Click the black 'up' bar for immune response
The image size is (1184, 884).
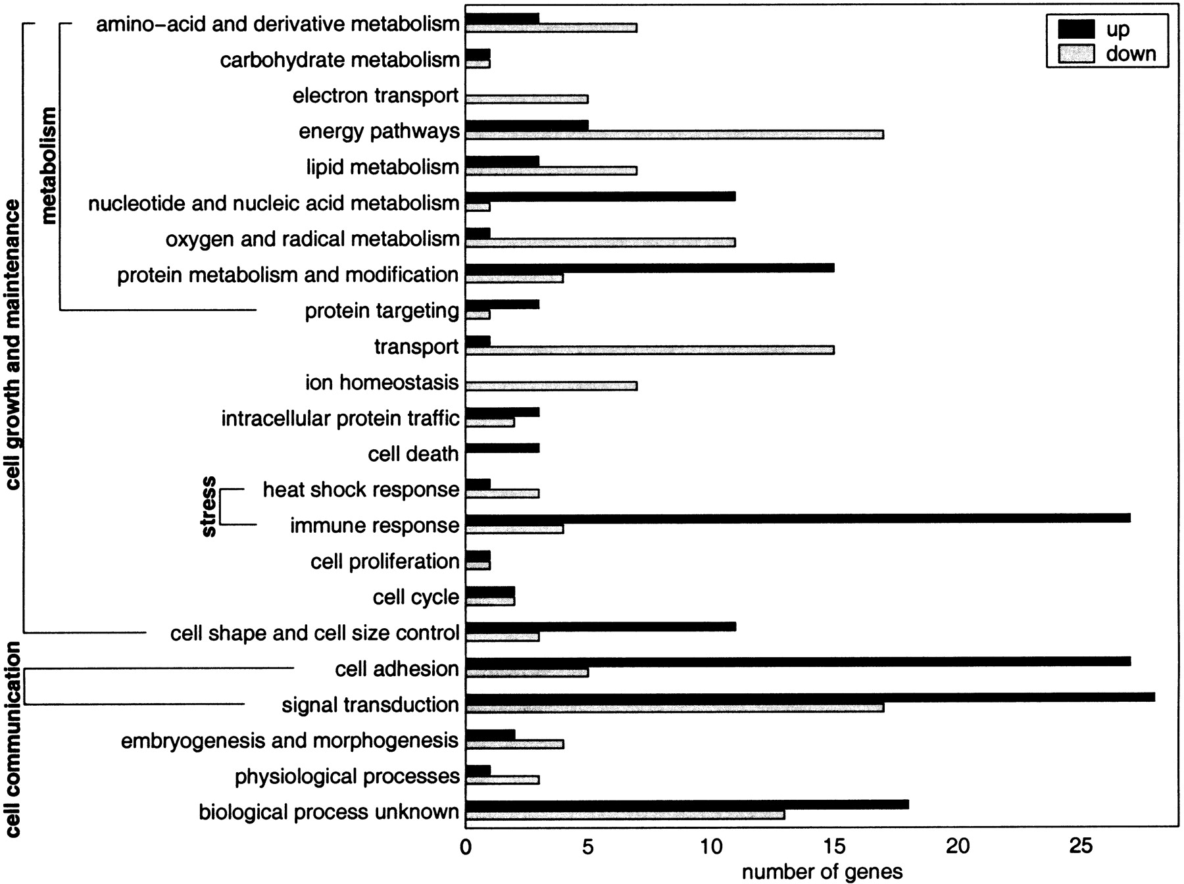[797, 518]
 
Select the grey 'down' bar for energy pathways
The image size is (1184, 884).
[674, 135]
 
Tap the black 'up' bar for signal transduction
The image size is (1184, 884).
[810, 697]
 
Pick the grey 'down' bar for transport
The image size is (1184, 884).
[649, 350]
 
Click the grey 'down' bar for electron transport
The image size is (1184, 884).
[526, 99]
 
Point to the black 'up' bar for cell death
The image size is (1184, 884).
[502, 448]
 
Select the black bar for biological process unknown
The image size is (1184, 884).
[687, 804]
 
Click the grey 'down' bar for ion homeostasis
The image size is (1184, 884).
[551, 386]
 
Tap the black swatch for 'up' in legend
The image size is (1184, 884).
[1076, 30]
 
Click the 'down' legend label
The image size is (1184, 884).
[1131, 53]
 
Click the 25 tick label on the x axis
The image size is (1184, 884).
[1081, 847]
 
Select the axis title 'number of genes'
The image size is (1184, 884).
[822, 872]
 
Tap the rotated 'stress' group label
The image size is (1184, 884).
[208, 506]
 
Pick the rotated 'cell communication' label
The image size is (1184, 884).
[12, 740]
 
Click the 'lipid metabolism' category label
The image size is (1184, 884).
[382, 167]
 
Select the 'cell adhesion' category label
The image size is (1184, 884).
[397, 669]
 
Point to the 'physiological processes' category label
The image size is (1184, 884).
[347, 776]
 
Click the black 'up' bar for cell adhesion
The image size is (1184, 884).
[797, 661]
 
